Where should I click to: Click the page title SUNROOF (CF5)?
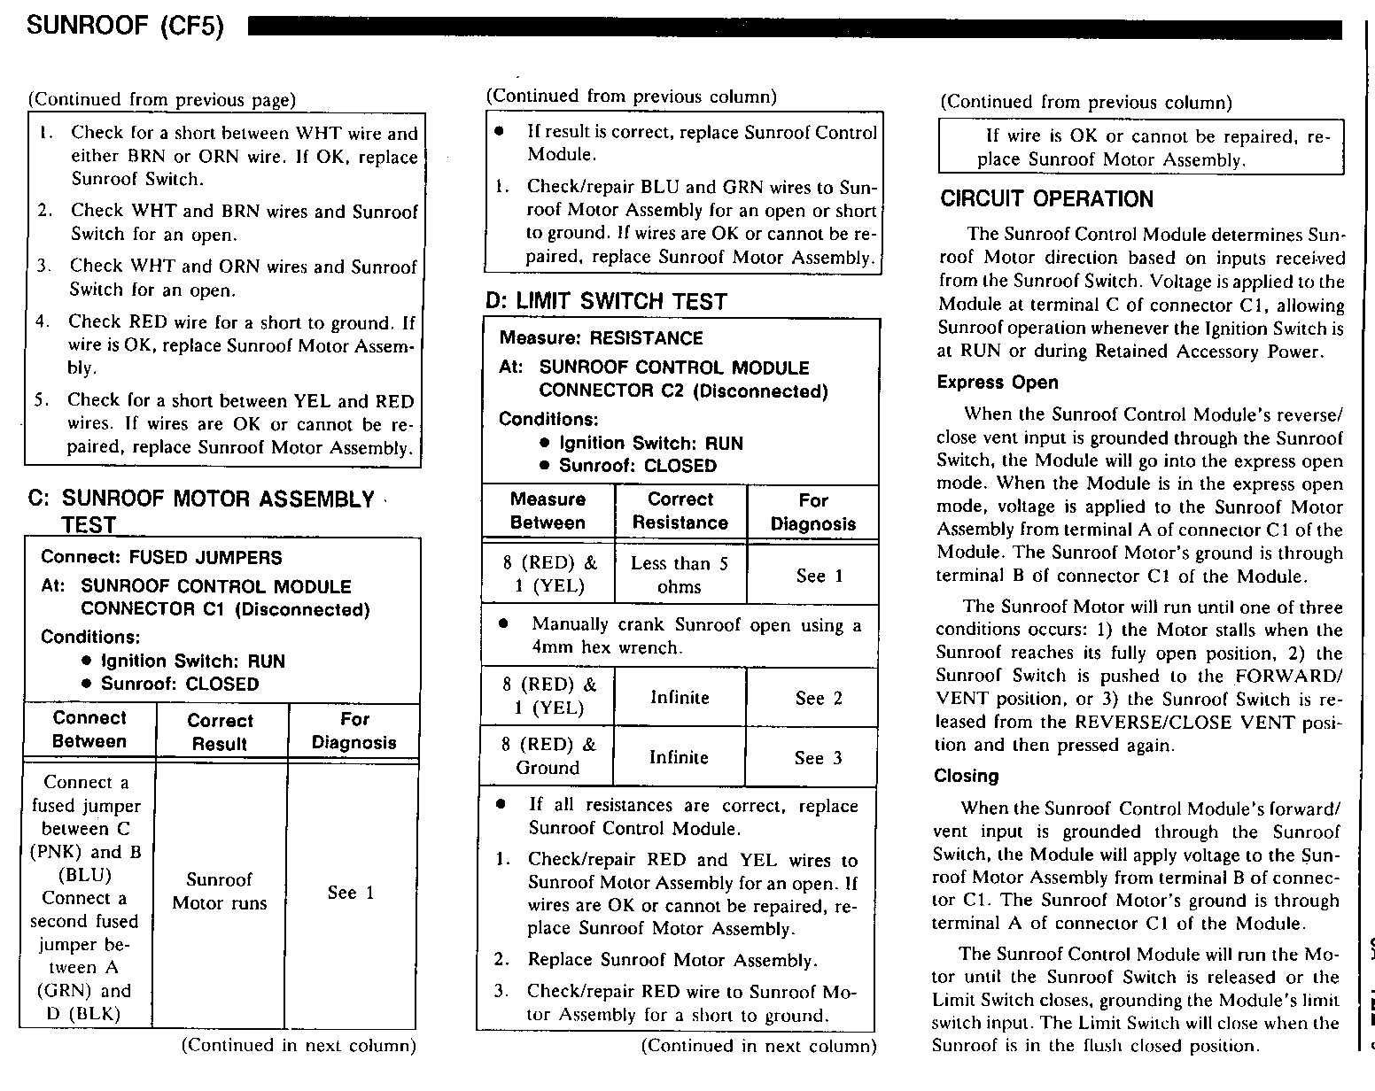pos(125,27)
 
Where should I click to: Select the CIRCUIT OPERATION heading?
pos(1046,199)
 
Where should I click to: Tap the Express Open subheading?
pos(997,383)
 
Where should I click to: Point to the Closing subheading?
pos(966,777)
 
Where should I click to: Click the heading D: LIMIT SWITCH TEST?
pos(605,302)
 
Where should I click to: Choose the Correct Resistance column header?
pos(680,511)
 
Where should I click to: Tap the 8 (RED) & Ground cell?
pos(548,756)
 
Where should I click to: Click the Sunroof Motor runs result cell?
pos(220,891)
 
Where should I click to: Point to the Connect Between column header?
pos(89,730)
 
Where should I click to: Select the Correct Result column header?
pos(220,732)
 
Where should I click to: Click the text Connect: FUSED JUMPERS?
pos(161,558)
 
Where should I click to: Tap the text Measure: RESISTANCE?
pos(601,338)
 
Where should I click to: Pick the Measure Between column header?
pos(548,511)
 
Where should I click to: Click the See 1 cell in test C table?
pos(351,893)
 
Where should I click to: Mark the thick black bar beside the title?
pos(795,29)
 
